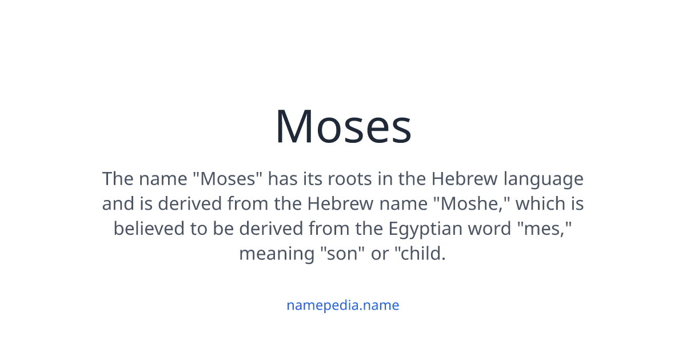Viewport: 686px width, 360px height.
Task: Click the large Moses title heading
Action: coord(343,126)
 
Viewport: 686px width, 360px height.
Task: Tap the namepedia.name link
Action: coord(343,305)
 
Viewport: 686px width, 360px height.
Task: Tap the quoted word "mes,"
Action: coord(543,229)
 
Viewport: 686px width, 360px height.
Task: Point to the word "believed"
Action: coord(149,229)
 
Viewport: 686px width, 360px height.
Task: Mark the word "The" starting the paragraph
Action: coord(118,179)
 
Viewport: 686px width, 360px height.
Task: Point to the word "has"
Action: coord(282,179)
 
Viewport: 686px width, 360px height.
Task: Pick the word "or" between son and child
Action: coord(380,253)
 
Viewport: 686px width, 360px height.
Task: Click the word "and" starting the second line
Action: coord(118,204)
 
